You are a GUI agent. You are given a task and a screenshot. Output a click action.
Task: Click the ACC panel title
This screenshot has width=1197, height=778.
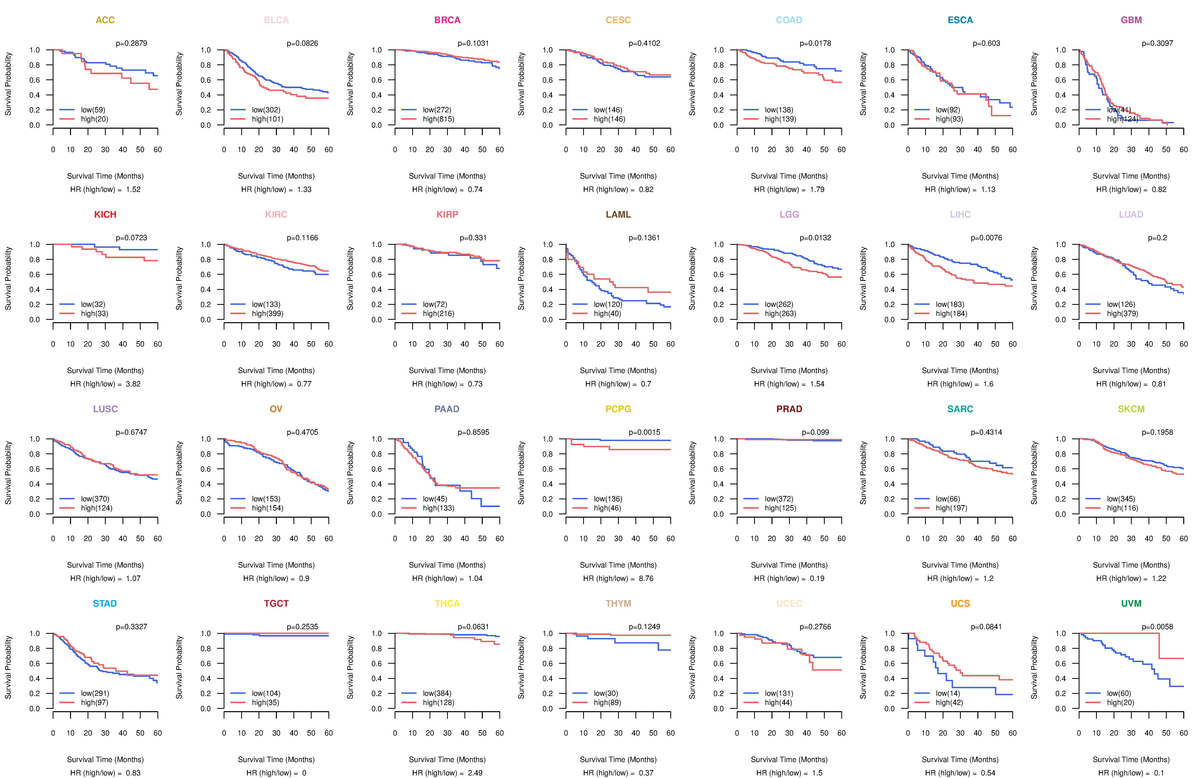tap(105, 20)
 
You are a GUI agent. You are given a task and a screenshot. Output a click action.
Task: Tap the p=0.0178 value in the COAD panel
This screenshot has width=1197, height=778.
tap(815, 43)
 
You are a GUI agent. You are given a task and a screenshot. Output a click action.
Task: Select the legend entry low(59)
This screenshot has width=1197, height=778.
tap(93, 110)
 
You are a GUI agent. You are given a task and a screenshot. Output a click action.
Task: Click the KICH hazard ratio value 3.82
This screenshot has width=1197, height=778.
tap(133, 384)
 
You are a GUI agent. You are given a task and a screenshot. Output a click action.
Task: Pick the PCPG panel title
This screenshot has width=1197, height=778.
tap(618, 409)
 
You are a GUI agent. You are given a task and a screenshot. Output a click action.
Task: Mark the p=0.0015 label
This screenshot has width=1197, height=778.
tap(644, 432)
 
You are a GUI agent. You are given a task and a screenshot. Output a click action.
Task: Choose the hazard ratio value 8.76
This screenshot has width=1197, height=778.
tap(646, 578)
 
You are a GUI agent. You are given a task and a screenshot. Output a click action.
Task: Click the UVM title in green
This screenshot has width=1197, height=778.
tap(1131, 603)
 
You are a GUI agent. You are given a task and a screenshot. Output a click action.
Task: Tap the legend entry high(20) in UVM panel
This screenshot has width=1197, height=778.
tap(1121, 703)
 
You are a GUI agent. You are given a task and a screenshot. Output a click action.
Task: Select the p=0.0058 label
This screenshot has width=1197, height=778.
tap(1157, 627)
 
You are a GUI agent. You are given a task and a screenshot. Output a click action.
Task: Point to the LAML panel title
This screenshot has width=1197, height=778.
tap(618, 215)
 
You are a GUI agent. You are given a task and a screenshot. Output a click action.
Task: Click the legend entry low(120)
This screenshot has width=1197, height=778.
tap(608, 304)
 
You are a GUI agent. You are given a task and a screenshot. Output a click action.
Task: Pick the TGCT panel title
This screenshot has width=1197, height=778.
tap(276, 603)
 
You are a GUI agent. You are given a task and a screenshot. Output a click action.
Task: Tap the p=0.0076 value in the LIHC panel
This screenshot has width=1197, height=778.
tap(986, 238)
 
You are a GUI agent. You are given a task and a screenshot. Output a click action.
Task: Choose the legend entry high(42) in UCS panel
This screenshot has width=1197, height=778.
tap(950, 703)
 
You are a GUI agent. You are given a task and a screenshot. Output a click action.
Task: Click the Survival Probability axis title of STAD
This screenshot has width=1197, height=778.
tap(8, 667)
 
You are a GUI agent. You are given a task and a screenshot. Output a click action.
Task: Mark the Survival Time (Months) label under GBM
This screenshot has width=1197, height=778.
tap(1131, 176)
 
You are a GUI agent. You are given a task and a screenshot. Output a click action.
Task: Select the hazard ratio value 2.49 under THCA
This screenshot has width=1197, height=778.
tap(475, 773)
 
